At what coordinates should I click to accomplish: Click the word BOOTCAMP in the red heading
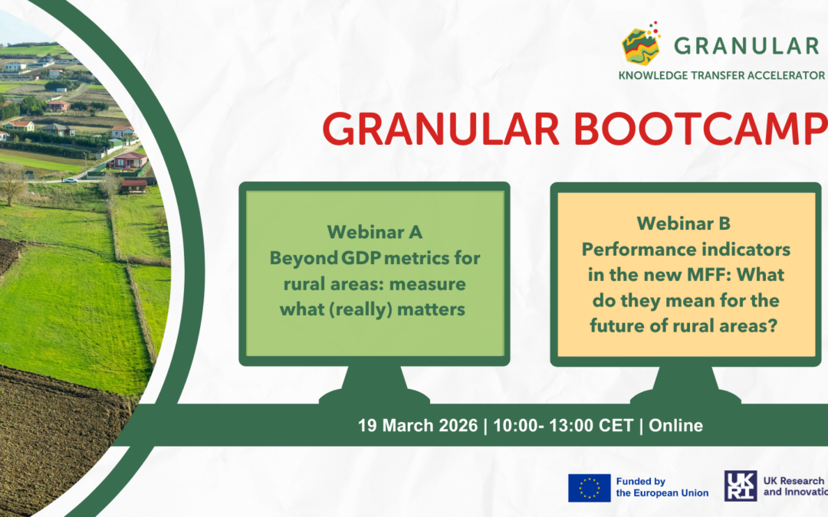[701, 128]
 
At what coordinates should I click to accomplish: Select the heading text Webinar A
[374, 231]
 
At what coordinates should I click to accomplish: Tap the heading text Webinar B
[683, 223]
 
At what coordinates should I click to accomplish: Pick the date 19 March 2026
[418, 425]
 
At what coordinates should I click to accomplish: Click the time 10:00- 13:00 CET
[563, 425]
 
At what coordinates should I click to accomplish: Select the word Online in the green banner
[675, 425]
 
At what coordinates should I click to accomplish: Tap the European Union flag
[590, 487]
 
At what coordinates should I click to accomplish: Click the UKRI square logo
[741, 486]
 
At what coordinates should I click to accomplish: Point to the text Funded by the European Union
[662, 487]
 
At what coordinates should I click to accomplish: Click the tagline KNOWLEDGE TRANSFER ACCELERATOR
[721, 75]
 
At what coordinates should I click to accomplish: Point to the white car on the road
[69, 180]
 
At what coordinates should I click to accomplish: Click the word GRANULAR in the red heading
[440, 128]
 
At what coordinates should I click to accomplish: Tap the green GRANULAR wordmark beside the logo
[746, 46]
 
